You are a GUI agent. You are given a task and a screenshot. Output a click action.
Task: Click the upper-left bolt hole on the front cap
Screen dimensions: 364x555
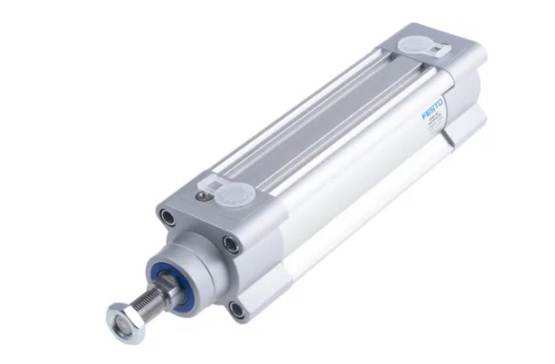(x=168, y=217)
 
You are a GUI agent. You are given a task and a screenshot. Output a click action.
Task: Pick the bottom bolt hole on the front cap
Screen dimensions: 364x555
(x=236, y=308)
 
